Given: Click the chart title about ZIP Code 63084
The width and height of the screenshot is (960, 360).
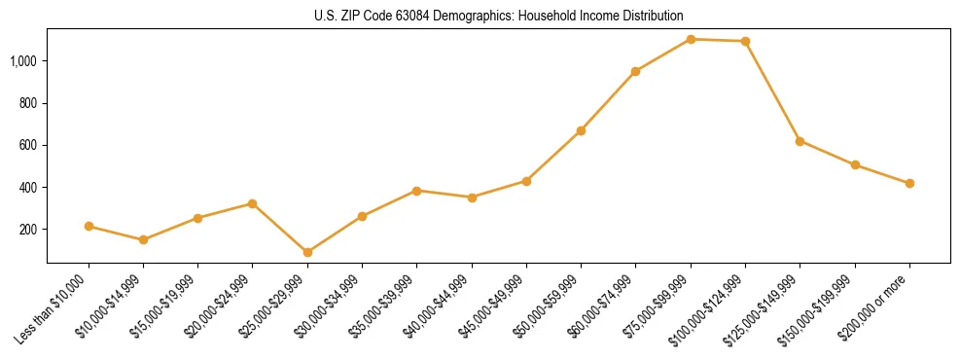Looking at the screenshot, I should [498, 16].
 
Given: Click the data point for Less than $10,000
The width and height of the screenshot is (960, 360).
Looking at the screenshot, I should [89, 226].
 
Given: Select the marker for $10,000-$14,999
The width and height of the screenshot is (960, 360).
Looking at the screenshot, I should [143, 239].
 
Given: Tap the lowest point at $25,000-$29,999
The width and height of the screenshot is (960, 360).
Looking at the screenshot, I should [307, 252].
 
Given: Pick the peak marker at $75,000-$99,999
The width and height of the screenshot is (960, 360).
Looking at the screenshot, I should [691, 39].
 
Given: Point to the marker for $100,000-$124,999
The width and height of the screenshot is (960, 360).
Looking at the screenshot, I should [745, 41].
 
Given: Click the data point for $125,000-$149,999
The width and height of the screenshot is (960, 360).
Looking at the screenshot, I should [800, 141].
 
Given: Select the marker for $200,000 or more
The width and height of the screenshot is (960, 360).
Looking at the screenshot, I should [909, 183].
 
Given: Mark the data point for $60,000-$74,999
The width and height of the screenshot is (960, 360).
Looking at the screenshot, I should [635, 71].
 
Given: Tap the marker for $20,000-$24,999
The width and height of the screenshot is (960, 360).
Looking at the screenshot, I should [253, 203].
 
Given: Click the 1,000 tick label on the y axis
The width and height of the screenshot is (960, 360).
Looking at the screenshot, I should [23, 61].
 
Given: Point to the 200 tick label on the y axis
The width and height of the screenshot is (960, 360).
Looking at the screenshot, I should [28, 230].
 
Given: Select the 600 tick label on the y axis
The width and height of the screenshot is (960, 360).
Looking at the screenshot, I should [28, 145].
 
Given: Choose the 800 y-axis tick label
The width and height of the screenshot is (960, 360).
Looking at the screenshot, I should [28, 103].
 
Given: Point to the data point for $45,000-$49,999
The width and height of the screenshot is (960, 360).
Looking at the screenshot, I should [526, 181].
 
